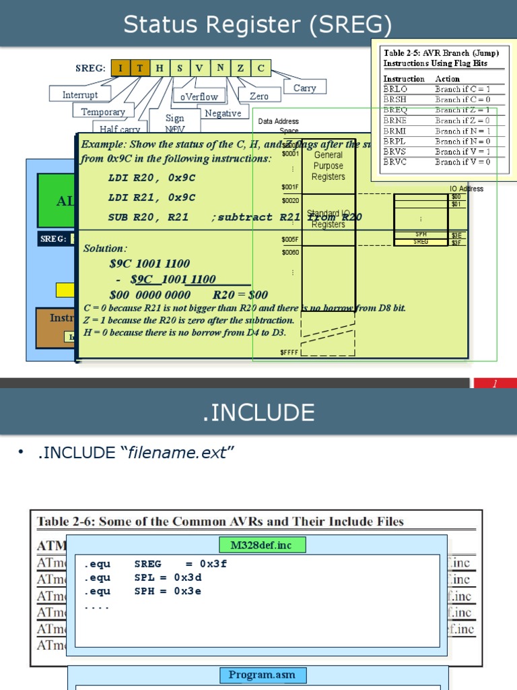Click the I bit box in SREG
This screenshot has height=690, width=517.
coord(120,68)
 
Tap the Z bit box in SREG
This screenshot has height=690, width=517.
coord(240,68)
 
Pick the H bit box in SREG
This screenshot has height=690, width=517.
coord(160,68)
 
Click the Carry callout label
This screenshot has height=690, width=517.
coord(305,88)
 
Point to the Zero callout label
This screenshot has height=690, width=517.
coord(259,96)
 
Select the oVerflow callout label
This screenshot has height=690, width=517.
coord(199,96)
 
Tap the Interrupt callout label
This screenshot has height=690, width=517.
coord(80,95)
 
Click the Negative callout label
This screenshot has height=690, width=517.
coord(223,113)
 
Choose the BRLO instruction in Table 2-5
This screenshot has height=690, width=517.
coord(395,89)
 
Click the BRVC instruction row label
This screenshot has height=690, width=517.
coord(395,162)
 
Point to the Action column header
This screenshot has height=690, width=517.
coord(448,79)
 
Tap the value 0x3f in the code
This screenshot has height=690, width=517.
coord(213,564)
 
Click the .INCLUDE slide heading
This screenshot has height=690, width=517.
coord(258,412)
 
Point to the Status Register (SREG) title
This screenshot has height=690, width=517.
coord(258,25)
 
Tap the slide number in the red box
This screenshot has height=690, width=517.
coord(494,383)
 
